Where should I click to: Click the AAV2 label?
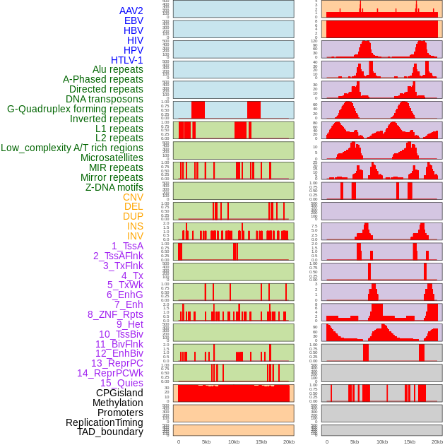click(x=131, y=11)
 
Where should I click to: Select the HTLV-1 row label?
click(x=127, y=60)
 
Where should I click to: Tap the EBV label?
click(x=133, y=20)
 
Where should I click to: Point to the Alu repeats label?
click(x=118, y=69)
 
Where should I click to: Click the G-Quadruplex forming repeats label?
click(x=75, y=109)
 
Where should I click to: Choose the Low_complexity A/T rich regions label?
click(x=72, y=148)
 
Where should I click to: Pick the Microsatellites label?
click(x=112, y=158)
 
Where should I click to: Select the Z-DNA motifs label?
click(x=114, y=187)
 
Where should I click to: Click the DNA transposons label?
click(x=105, y=99)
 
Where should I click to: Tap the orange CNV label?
click(x=133, y=197)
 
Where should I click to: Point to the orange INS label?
click(x=135, y=226)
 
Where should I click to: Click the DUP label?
click(x=133, y=216)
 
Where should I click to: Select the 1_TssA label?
click(x=127, y=246)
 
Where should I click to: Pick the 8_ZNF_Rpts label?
click(x=115, y=314)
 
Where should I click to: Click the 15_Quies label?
click(x=121, y=383)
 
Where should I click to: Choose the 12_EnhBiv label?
click(x=119, y=353)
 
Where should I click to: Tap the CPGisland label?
click(x=119, y=393)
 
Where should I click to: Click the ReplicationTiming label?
click(x=104, y=422)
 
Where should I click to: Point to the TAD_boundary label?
click(x=110, y=432)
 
